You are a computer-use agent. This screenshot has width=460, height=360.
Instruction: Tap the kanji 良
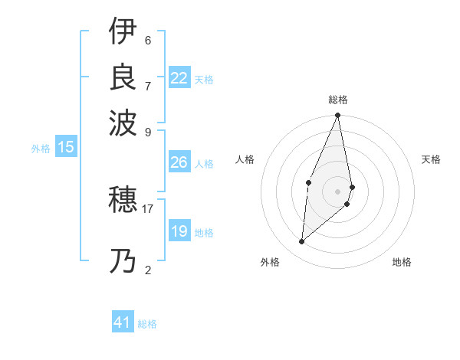123,76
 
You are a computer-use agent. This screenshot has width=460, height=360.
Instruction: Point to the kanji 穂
123,201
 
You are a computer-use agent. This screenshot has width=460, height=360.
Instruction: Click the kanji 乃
123,262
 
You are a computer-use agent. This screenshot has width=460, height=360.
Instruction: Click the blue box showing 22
179,78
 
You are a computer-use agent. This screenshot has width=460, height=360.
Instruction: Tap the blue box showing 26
179,162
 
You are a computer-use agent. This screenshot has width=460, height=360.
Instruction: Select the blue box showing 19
179,231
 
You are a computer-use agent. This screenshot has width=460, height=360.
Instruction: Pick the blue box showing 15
66,148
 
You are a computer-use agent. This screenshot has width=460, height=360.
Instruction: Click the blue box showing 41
123,322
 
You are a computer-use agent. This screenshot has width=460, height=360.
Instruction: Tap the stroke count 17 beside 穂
148,208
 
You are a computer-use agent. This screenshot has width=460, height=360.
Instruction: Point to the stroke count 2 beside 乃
148,269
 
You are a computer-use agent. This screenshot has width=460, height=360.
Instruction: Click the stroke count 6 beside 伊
148,40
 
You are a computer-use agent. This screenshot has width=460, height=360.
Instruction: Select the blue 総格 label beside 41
147,324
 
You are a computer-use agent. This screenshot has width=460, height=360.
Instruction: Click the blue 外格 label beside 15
41,149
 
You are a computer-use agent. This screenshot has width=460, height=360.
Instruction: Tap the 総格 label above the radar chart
338,100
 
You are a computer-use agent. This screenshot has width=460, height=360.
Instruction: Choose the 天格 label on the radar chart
431,159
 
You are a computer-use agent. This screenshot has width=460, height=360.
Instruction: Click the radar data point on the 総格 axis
338,116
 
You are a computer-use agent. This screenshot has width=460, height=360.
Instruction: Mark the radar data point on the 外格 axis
302,242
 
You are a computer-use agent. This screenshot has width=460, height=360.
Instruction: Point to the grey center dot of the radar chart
338,191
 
